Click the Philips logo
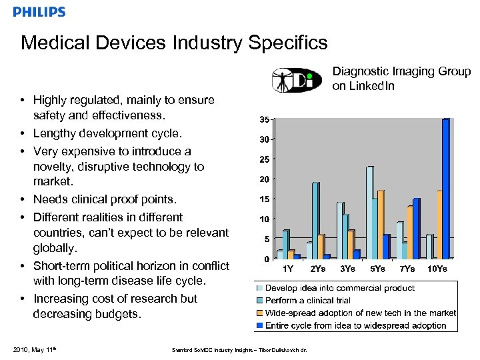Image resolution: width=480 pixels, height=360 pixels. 39,12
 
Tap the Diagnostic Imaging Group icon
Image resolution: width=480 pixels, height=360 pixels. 298,79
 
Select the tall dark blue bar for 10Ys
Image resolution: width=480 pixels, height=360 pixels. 445,189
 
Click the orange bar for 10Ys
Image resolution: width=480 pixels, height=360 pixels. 439,225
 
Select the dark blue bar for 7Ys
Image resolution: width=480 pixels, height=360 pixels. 415,229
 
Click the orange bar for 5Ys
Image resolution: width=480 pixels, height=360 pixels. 380,225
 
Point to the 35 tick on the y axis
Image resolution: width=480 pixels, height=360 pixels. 265,120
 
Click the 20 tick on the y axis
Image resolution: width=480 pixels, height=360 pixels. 265,179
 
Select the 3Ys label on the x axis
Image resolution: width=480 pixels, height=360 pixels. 347,269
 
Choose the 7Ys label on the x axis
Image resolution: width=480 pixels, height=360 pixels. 407,269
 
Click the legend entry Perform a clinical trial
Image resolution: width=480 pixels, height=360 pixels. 308,301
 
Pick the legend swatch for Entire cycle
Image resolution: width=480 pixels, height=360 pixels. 260,325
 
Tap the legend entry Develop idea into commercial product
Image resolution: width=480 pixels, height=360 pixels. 339,288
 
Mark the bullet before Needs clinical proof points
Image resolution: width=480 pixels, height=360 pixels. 23,199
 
